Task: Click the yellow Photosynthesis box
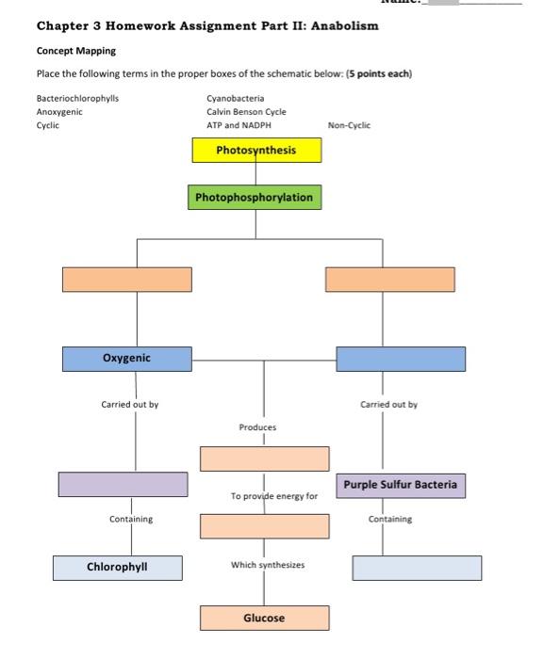[x=256, y=151]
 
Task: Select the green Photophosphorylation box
[x=255, y=198]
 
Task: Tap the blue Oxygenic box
[x=127, y=359]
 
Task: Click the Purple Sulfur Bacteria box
[x=400, y=486]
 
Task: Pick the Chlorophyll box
[x=117, y=568]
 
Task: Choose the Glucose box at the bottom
[x=264, y=619]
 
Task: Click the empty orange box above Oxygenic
[x=127, y=280]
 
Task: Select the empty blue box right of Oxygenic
[x=400, y=359]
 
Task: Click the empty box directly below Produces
[x=264, y=458]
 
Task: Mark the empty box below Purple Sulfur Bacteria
[x=417, y=568]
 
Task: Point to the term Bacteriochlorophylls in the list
[x=77, y=98]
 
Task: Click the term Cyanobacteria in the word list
[x=235, y=98]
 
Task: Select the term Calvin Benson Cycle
[x=246, y=111]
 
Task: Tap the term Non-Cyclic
[x=349, y=125]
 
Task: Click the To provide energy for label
[x=274, y=495]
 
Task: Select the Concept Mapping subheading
[x=76, y=51]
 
